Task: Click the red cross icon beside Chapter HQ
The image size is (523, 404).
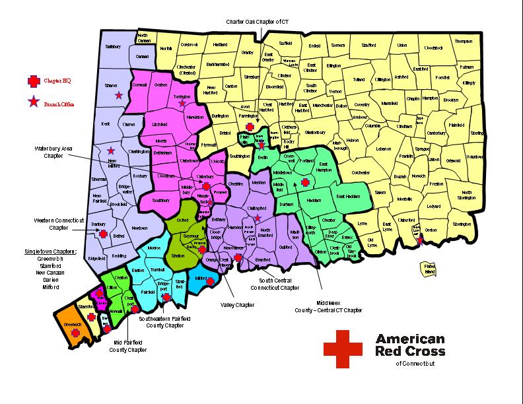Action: coord(32,81)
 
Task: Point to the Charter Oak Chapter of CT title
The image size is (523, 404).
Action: coord(258,22)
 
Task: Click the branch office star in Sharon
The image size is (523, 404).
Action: coord(118,96)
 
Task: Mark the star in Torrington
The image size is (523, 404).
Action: coord(182,103)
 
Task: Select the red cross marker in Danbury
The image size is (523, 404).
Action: coord(103,233)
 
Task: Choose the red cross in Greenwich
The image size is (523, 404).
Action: coord(76,334)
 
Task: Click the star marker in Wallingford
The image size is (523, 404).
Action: coord(258,218)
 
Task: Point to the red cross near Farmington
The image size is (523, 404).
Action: coord(250,127)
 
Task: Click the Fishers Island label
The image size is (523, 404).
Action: coord(429,269)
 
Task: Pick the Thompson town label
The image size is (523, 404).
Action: coord(464,41)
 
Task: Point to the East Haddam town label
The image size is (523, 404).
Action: coord(349,196)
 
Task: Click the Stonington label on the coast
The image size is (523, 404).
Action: coord(462,224)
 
